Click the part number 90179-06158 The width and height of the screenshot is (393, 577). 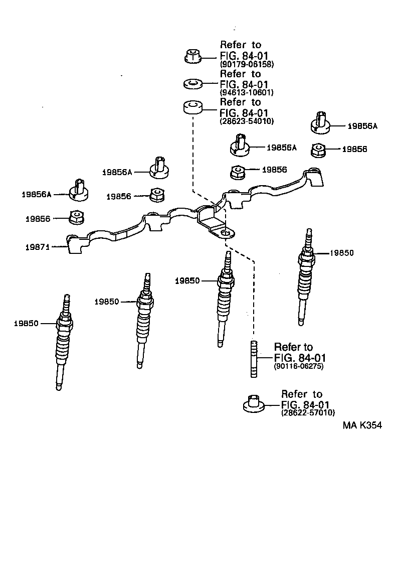247,64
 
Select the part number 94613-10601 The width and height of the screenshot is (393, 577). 247,93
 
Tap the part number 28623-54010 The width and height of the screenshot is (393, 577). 247,121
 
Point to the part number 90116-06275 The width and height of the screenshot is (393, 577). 299,367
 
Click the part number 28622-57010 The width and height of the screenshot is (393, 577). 308,412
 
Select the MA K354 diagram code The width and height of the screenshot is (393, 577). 362,425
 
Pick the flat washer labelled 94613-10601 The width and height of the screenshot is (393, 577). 192,83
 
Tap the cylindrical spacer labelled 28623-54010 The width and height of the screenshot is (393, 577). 192,108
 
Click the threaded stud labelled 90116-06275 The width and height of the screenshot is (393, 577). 254,359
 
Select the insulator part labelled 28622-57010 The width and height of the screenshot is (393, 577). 254,403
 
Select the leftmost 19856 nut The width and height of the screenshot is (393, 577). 76,217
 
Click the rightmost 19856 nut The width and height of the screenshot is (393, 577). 318,149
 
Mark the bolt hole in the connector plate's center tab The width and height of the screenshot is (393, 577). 226,233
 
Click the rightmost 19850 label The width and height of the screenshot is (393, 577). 341,253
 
